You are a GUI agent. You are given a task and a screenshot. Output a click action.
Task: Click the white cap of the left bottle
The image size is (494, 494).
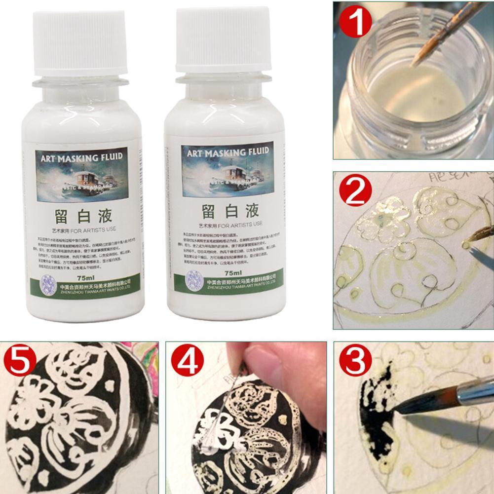click(80, 42)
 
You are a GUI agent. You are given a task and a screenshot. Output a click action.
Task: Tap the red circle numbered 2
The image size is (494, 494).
click(354, 192)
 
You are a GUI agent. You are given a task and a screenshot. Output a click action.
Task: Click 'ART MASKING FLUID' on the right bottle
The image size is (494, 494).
click(228, 151)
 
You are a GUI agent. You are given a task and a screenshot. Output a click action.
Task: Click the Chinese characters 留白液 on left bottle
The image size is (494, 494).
click(81, 215)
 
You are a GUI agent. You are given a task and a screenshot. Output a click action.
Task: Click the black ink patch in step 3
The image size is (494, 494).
click(378, 405)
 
